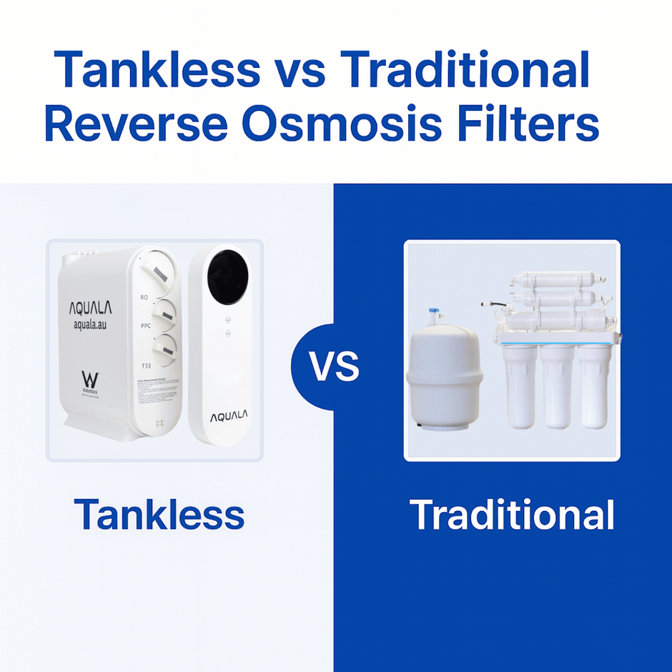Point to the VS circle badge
click(334, 367)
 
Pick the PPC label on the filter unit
click(145, 325)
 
